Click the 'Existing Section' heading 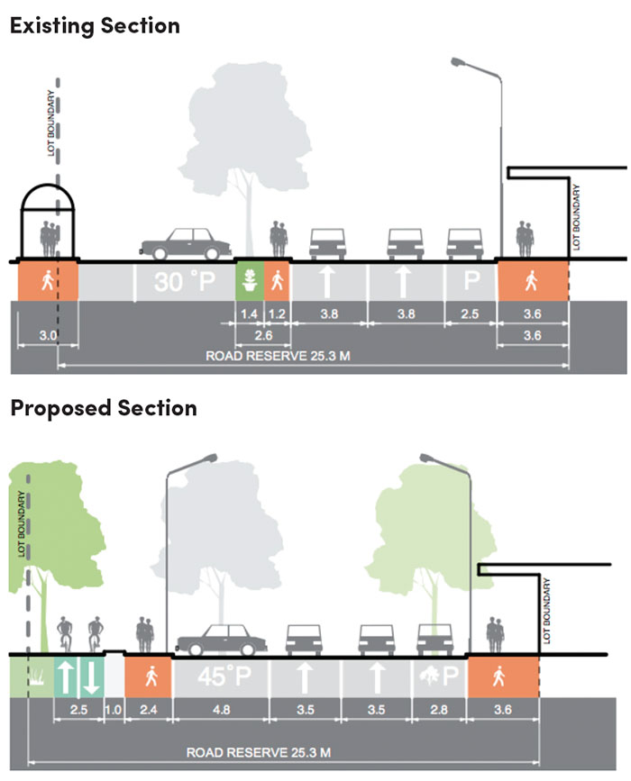pos(95,24)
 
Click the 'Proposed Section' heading pos(103,408)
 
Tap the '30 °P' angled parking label pos(184,283)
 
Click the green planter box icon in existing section pos(248,282)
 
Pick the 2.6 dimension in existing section pos(262,335)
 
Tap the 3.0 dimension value pos(48,336)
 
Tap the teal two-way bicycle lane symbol pos(79,677)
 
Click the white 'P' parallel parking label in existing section pos(471,281)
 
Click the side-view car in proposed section pos(221,640)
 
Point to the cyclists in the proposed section pos(78,635)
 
